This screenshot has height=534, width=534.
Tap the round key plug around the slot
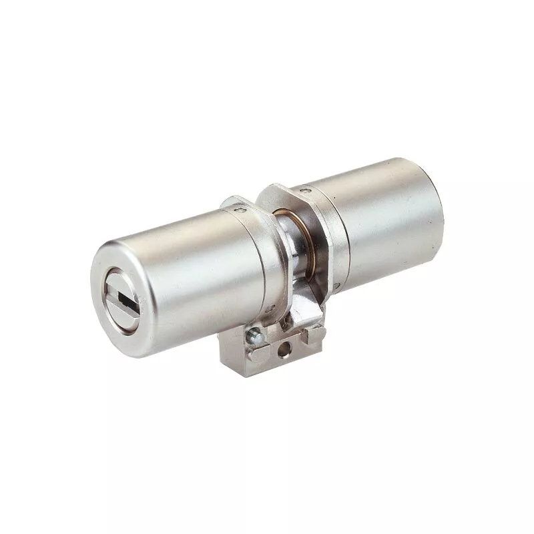click(x=127, y=288)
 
